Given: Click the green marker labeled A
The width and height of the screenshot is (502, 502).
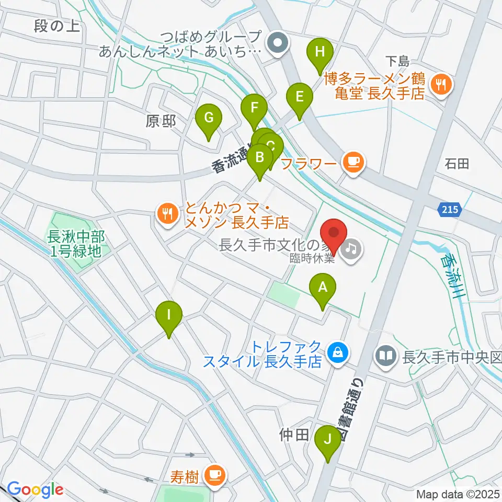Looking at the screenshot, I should tap(323, 288).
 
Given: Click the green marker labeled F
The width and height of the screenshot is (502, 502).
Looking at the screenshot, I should tap(254, 109).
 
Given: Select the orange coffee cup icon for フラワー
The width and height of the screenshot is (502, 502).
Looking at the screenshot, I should tap(353, 162).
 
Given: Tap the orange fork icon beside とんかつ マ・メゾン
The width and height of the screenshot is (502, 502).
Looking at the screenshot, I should tap(167, 213).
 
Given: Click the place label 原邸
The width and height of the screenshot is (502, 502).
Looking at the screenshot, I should tap(161, 121).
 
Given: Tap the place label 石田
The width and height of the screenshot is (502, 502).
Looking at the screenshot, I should tap(457, 164).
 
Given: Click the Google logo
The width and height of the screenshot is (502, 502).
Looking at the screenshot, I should tap(35, 489).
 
